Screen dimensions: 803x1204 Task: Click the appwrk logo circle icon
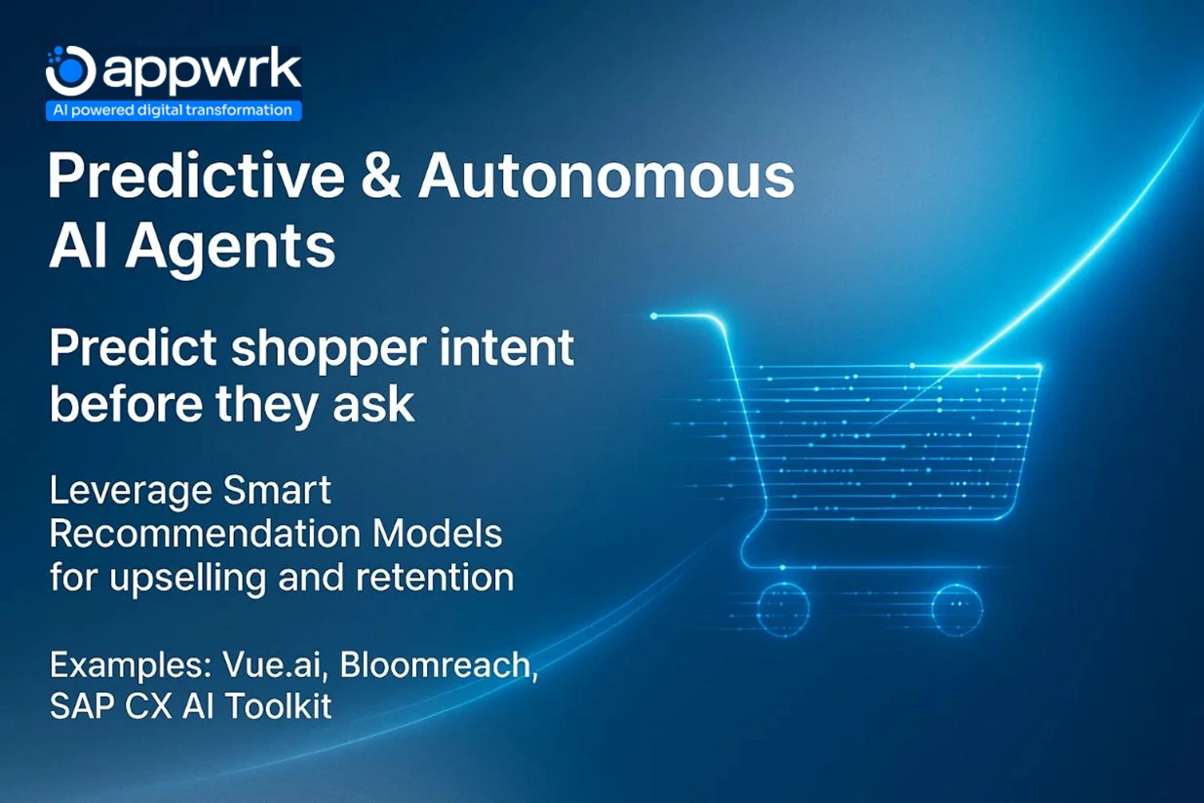(x=70, y=70)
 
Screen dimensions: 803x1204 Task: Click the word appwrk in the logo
(x=200, y=71)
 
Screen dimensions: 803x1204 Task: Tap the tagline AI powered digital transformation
(x=174, y=110)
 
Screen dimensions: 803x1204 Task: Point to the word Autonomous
(x=606, y=177)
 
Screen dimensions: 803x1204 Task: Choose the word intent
(x=514, y=350)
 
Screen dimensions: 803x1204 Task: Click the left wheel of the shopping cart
(x=781, y=607)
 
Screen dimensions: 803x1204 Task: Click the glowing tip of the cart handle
(x=654, y=316)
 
